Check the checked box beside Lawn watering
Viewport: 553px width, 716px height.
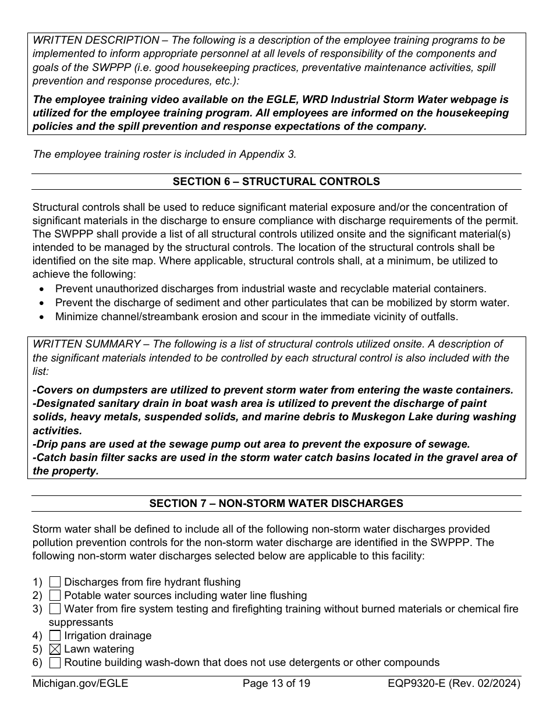click(x=55, y=649)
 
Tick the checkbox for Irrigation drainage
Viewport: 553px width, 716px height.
click(x=55, y=636)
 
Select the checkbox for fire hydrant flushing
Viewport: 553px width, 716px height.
click(x=55, y=582)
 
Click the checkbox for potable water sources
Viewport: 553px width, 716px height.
click(x=55, y=596)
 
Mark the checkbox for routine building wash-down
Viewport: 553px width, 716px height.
click(x=55, y=662)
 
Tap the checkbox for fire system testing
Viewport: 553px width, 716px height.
click(x=55, y=609)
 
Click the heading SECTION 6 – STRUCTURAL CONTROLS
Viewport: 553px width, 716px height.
click(x=276, y=182)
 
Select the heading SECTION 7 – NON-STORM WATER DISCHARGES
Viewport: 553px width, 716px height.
click(x=276, y=504)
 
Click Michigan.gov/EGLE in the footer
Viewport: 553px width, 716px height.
click(x=80, y=683)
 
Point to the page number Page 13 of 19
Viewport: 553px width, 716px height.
click(x=276, y=683)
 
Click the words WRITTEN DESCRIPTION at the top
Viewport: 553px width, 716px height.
click(x=96, y=40)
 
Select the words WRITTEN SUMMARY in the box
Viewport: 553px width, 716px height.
click(x=87, y=344)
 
